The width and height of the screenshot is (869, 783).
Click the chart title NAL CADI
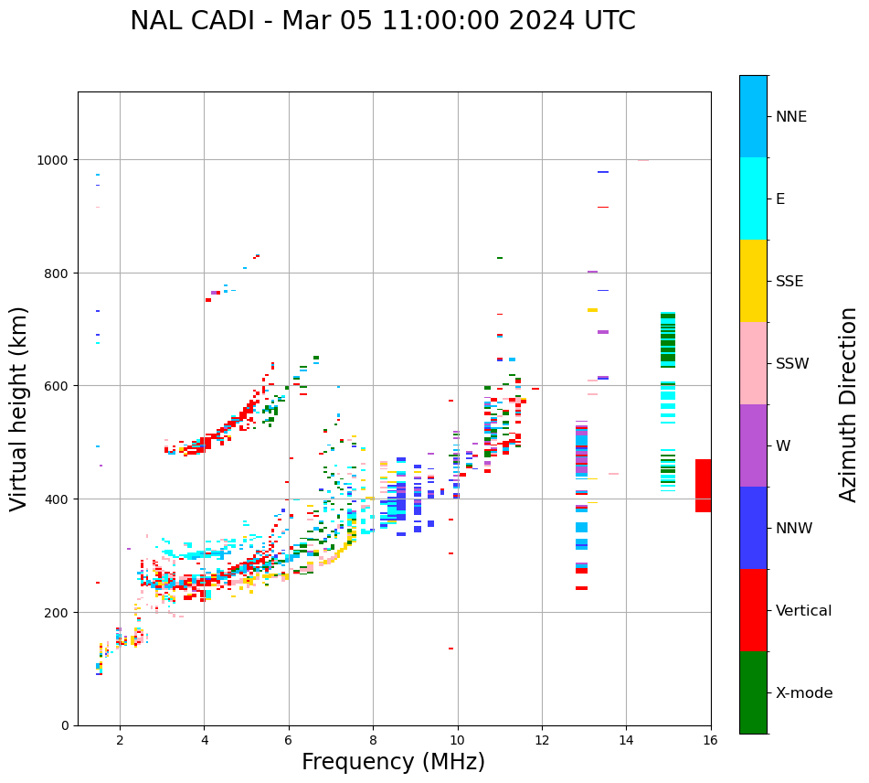tap(382, 21)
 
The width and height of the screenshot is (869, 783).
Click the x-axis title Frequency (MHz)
tap(393, 762)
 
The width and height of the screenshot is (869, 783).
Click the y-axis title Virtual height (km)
tap(19, 408)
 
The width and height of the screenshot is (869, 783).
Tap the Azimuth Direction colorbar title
tap(849, 404)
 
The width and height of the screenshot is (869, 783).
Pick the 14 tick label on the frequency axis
tap(626, 741)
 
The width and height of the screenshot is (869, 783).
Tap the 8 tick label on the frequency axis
tap(373, 741)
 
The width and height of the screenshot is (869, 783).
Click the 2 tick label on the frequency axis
tap(120, 741)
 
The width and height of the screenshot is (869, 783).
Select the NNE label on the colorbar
tap(791, 117)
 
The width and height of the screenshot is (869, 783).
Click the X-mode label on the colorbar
tap(804, 693)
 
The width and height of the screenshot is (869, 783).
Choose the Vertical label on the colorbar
tap(804, 611)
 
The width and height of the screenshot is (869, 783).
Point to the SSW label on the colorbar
tap(792, 364)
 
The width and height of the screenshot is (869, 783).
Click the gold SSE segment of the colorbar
tap(753, 281)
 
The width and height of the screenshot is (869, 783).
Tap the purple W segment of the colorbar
tap(753, 445)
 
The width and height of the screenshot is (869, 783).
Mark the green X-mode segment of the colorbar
tap(753, 692)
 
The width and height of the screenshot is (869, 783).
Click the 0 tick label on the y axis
tap(65, 725)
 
